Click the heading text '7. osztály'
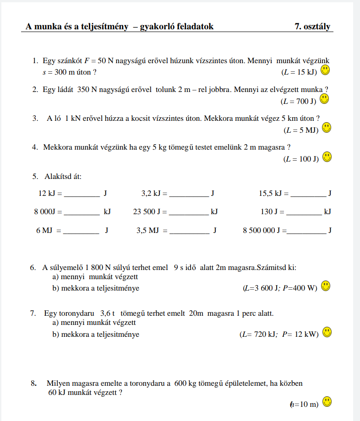[312, 27]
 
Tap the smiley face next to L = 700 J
[324, 98]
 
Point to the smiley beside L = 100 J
[327, 157]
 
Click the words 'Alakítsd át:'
[63, 176]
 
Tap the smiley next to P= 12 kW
[327, 332]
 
